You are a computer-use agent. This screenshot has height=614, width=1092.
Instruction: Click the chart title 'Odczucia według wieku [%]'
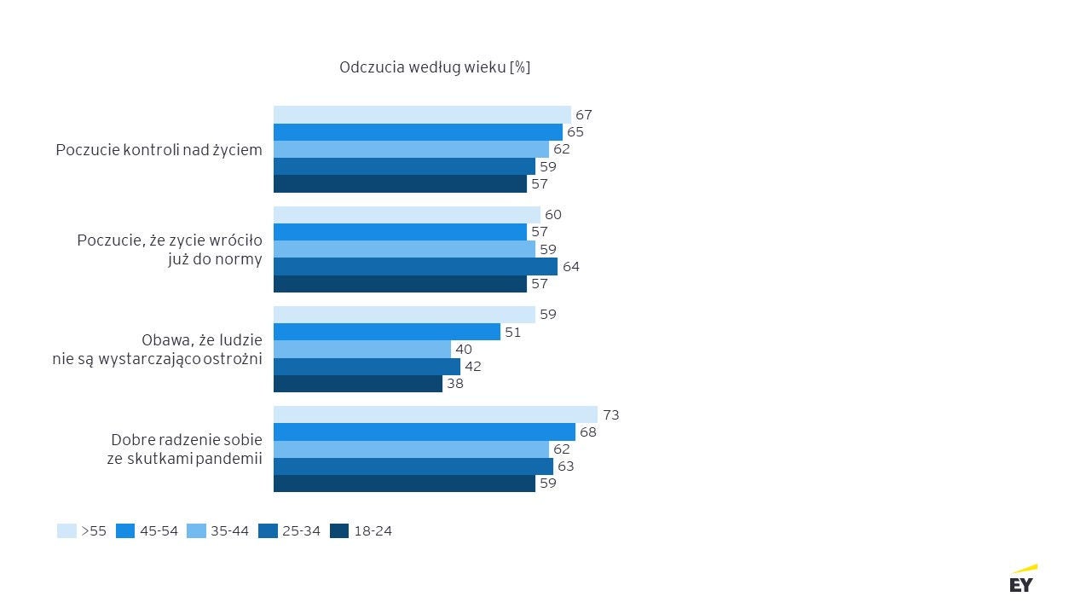(x=435, y=67)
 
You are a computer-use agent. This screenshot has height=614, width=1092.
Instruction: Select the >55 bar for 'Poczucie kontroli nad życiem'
(x=422, y=114)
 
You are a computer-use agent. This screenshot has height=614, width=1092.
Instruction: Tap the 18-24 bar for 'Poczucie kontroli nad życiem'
(x=400, y=183)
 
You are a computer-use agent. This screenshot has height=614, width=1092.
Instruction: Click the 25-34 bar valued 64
(x=415, y=266)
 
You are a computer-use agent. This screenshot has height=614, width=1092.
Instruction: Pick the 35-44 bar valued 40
(x=361, y=349)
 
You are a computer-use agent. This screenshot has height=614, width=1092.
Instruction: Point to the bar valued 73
(x=436, y=414)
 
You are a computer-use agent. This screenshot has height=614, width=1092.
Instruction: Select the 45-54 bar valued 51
(x=386, y=332)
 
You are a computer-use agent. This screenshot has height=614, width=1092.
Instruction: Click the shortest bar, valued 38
(x=357, y=384)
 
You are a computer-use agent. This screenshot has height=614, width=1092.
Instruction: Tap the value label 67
(x=584, y=115)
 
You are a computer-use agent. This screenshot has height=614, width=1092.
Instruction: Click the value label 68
(x=588, y=432)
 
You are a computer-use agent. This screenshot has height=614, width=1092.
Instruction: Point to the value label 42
(x=473, y=367)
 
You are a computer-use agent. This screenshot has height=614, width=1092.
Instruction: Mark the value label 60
(x=553, y=215)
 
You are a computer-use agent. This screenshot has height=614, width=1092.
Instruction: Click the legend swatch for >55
(x=66, y=530)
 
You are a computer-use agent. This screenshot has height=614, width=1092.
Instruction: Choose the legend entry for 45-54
(x=147, y=530)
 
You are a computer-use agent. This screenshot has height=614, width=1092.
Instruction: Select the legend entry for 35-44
(x=217, y=530)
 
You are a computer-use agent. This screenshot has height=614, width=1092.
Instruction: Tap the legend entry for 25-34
(x=289, y=530)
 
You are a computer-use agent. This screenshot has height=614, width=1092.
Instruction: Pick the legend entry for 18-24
(x=361, y=530)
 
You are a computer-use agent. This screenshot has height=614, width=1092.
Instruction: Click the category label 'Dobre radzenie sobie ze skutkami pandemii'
(x=186, y=449)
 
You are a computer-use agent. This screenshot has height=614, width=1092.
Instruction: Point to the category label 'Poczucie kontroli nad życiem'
(x=159, y=149)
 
